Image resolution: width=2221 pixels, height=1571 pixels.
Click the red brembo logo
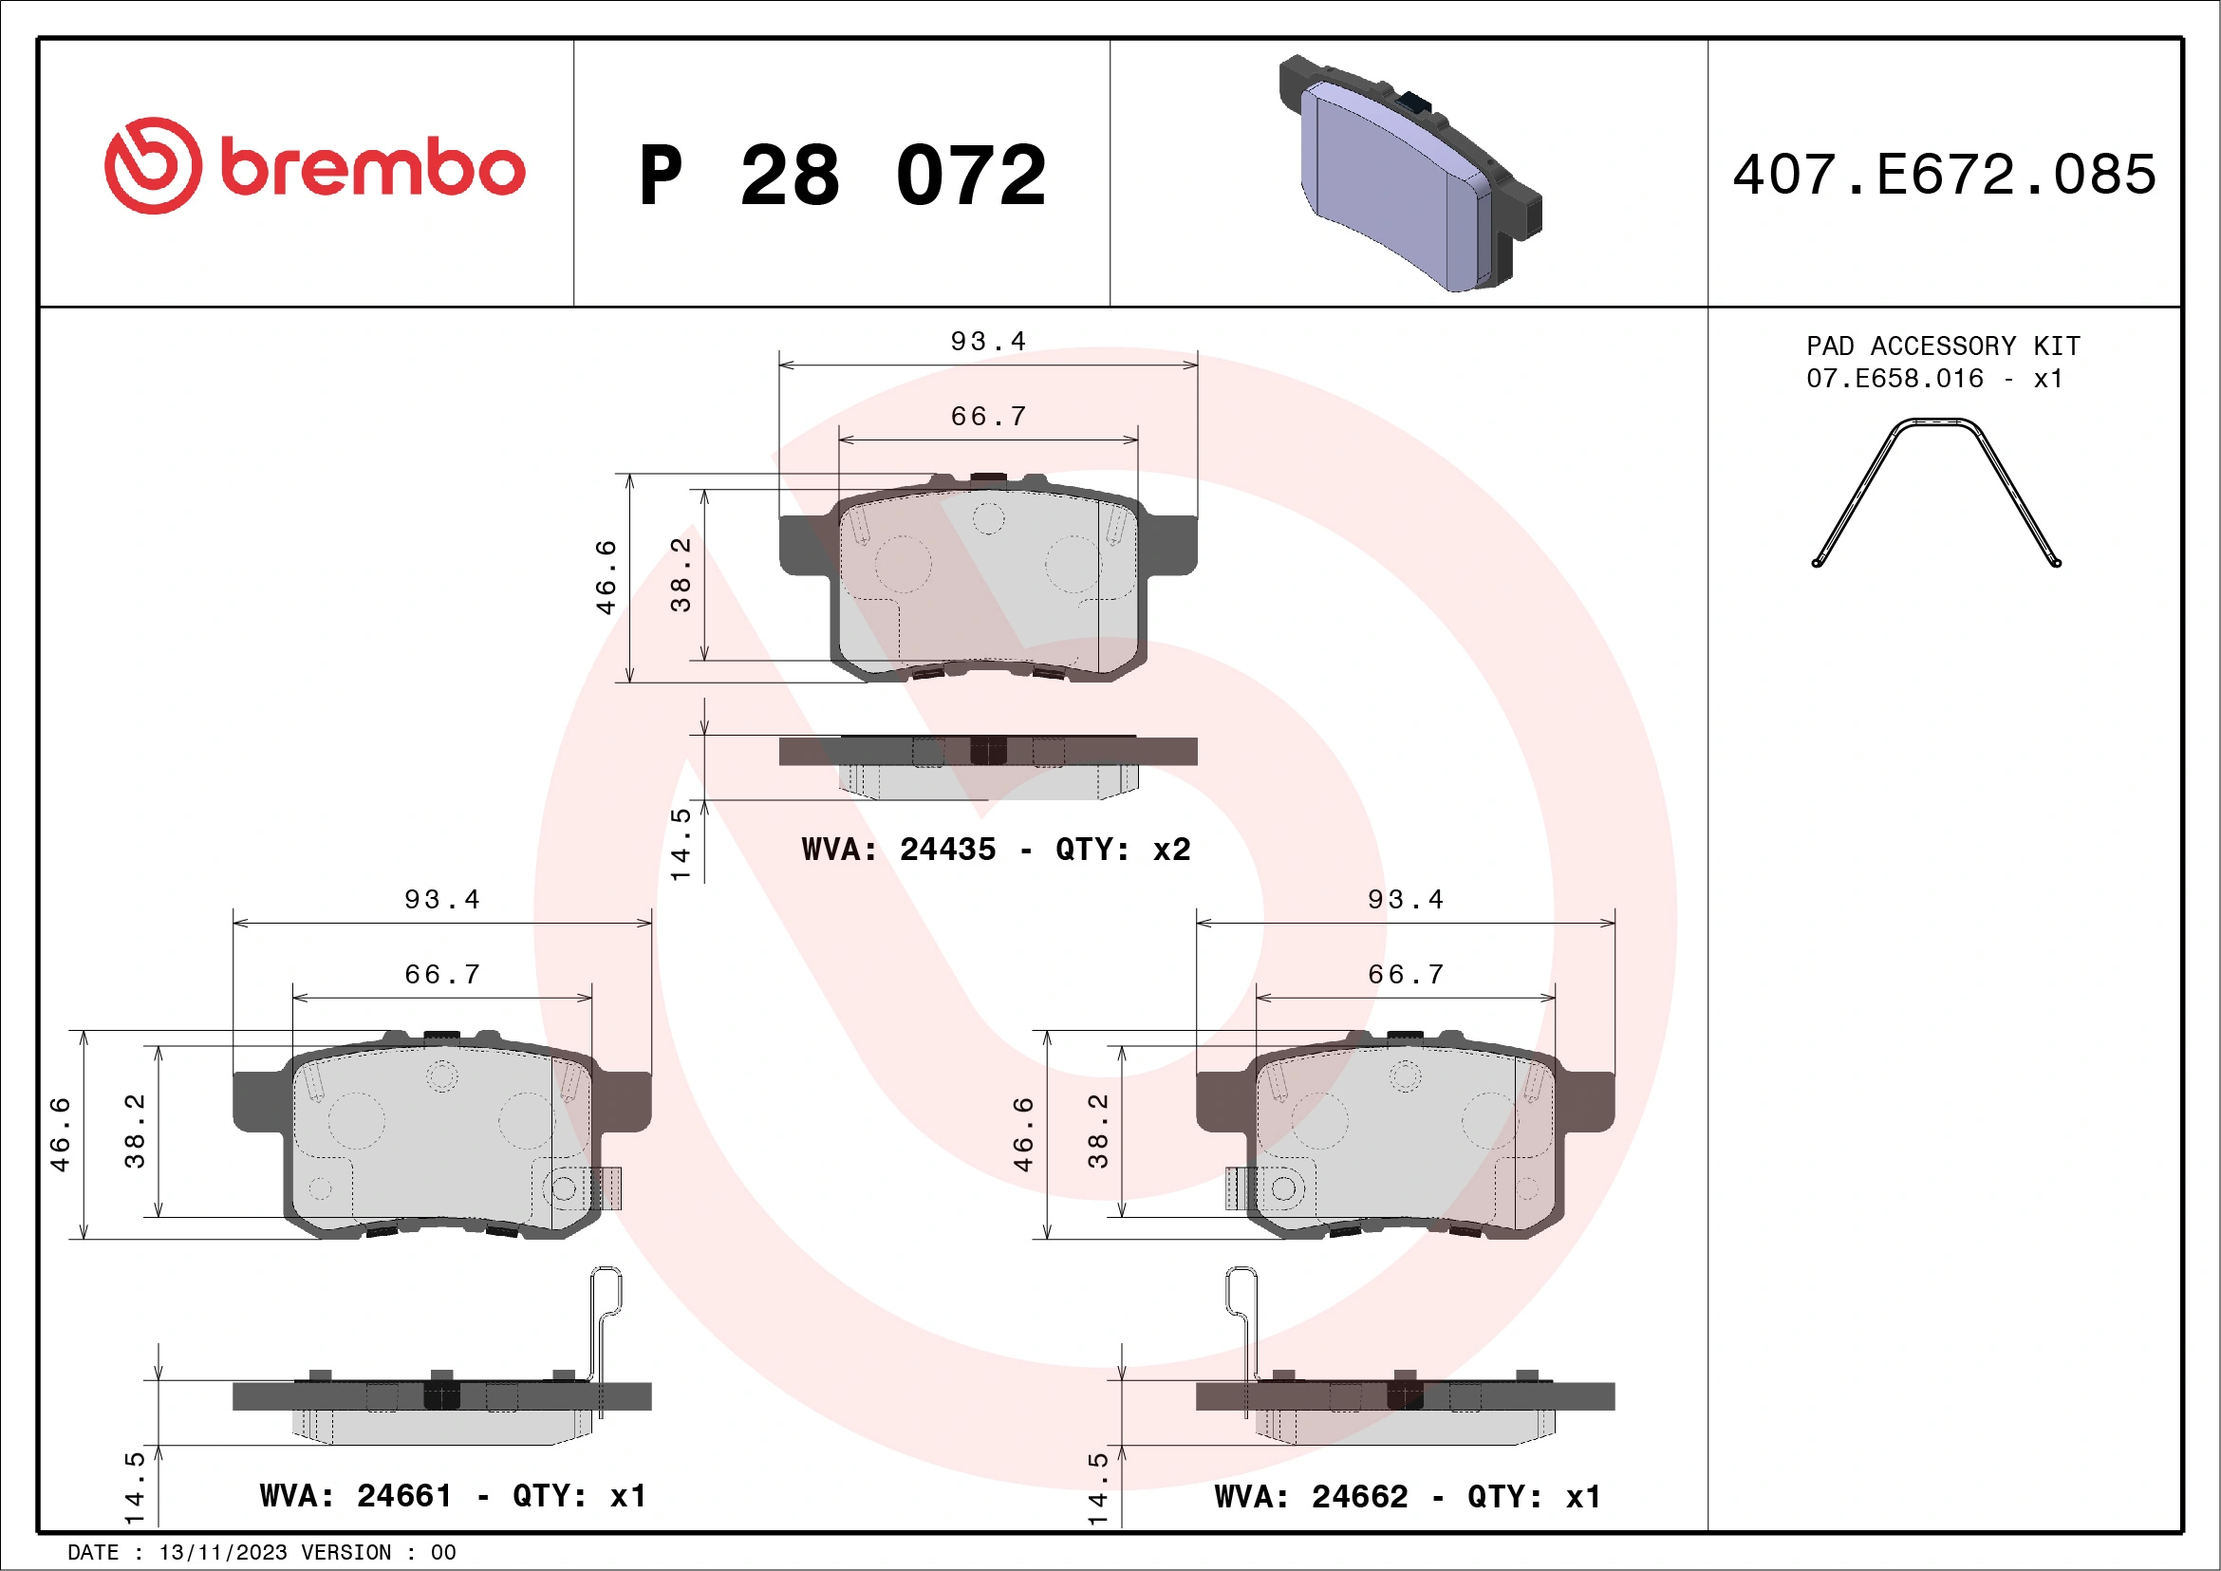point(314,166)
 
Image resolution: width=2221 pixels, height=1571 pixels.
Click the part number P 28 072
point(843,175)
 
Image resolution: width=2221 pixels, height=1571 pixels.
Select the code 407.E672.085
point(1945,175)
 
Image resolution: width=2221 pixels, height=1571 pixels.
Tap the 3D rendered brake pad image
point(1409,174)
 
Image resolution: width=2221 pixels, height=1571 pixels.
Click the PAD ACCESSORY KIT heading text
point(1942,346)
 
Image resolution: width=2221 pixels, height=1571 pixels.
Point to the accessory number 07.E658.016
point(1894,378)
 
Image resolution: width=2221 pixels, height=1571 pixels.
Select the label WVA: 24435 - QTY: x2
point(996,849)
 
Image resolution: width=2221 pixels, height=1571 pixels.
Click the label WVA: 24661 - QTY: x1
point(452,1496)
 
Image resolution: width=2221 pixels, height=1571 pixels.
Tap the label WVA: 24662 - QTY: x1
point(1407,1497)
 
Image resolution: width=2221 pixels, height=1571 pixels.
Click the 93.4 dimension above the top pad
point(988,342)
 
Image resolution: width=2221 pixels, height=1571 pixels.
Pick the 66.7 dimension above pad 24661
point(442,974)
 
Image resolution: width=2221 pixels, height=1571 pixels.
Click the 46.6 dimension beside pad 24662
point(1023,1133)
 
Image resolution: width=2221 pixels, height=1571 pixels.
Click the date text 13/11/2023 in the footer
point(222,1552)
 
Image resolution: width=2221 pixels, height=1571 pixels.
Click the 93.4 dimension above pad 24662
point(1405,900)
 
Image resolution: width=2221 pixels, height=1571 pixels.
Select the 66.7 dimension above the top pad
point(988,417)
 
